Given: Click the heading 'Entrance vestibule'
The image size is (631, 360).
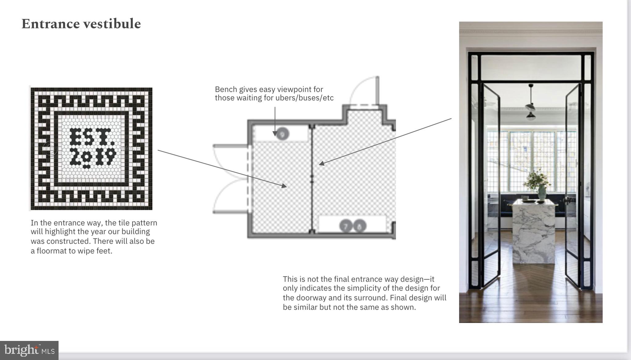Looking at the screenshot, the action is pyautogui.click(x=81, y=24).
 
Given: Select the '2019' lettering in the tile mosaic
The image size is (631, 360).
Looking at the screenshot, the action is pyautogui.click(x=93, y=158).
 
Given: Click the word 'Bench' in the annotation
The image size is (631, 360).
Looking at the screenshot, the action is pyautogui.click(x=226, y=89).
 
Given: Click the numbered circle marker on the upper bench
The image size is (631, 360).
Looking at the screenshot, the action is pyautogui.click(x=282, y=134).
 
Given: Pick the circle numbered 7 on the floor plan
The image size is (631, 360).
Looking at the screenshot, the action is pyautogui.click(x=346, y=226).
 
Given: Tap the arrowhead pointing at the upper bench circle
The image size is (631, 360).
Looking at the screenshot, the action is pyautogui.click(x=275, y=134).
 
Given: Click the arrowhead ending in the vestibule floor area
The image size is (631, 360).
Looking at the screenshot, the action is pyautogui.click(x=284, y=185).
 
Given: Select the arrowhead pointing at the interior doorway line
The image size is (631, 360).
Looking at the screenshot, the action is pyautogui.click(x=322, y=164).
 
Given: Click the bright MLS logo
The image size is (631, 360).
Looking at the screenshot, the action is pyautogui.click(x=29, y=350).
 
